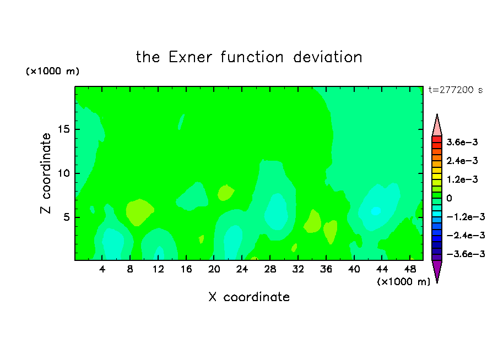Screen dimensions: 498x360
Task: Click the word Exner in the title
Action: tap(190, 57)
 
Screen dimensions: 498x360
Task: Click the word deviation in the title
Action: tap(327, 57)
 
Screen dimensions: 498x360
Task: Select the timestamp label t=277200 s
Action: tap(456, 90)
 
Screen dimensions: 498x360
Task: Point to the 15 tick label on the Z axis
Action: tap(63, 129)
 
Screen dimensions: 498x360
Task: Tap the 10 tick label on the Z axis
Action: tap(63, 173)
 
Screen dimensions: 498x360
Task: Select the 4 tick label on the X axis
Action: tap(102, 270)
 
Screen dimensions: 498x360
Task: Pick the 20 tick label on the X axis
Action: tap(214, 270)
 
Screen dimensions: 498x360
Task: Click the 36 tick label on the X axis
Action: tap(326, 270)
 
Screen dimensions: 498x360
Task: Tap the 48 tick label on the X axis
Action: tap(410, 270)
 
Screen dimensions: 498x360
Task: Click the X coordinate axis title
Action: tap(249, 297)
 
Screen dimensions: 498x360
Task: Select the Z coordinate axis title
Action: tap(46, 173)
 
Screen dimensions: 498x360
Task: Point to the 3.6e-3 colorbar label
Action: tap(462, 142)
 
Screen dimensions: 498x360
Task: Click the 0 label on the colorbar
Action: tap(449, 198)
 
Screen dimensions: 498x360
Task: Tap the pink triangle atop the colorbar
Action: tap(437, 126)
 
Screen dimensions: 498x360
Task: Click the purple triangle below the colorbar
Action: tap(437, 271)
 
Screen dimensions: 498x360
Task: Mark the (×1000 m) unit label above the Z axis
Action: tap(52, 71)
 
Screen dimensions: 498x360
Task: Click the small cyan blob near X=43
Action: tap(376, 210)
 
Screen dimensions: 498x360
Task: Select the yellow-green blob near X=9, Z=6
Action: tap(139, 212)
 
